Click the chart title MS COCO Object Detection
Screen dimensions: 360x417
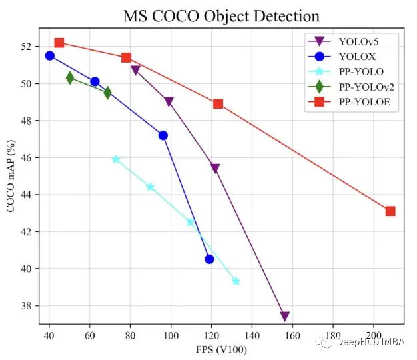[x=221, y=16]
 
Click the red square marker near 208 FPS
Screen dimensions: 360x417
[x=390, y=211]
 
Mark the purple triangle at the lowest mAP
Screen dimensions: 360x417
[x=285, y=316]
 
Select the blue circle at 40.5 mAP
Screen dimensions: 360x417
[x=209, y=259]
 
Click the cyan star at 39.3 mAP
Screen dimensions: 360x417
[x=236, y=281]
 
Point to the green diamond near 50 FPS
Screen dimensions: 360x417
[x=70, y=78]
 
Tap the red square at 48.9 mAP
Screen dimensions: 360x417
[x=218, y=103]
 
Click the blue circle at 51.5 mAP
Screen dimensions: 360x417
[x=49, y=55]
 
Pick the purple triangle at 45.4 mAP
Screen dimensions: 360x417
[x=214, y=168]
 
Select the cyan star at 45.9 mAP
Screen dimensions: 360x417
[x=116, y=159]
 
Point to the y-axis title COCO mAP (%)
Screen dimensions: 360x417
[x=11, y=176]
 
